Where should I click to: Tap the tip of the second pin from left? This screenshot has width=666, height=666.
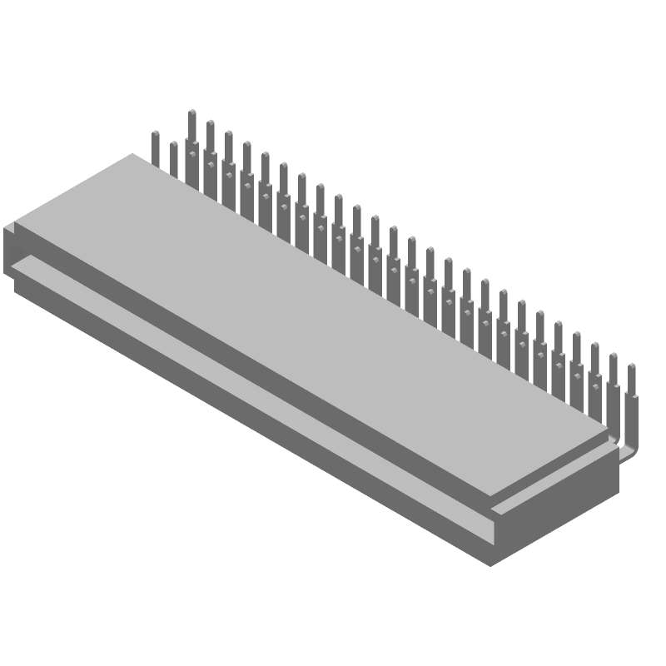click(x=173, y=144)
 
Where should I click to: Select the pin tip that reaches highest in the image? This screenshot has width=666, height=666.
click(x=191, y=112)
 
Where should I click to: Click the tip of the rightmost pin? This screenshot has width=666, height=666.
click(x=631, y=365)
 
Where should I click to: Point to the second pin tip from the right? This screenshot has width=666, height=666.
click(x=613, y=355)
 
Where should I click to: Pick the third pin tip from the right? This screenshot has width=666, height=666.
click(x=594, y=345)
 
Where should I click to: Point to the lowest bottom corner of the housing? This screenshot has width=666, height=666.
click(x=491, y=565)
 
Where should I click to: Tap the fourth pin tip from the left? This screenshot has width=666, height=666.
click(x=210, y=122)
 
